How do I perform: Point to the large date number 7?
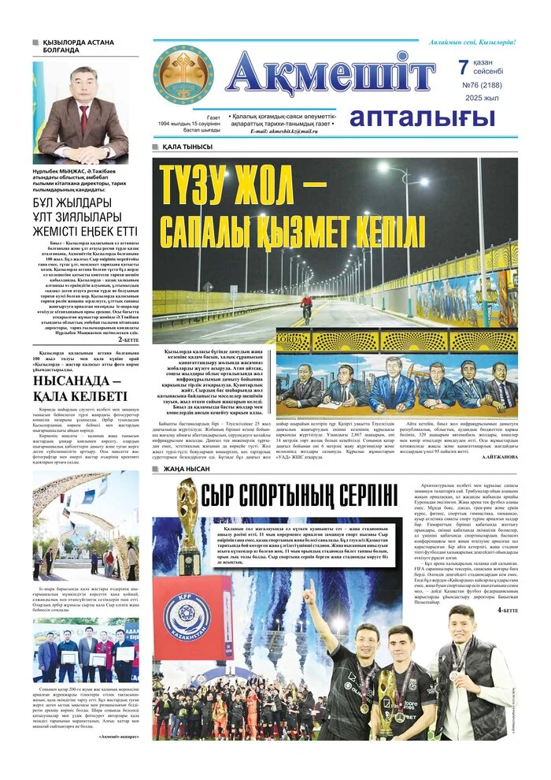pyautogui.click(x=463, y=68)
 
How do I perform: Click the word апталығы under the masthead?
pyautogui.click(x=422, y=117)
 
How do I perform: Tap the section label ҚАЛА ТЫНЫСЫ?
pyautogui.click(x=187, y=147)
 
